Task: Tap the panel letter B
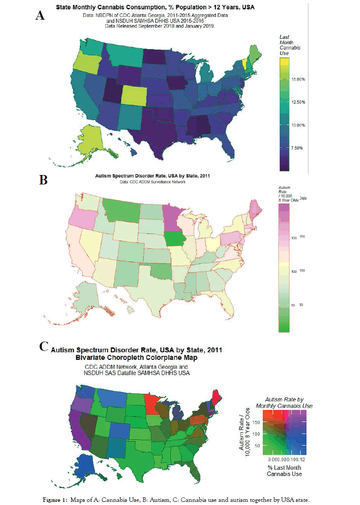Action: (x=44, y=180)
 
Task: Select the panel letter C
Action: (x=44, y=347)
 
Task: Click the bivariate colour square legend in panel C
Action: (x=284, y=431)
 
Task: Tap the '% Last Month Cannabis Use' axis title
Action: (x=284, y=470)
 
